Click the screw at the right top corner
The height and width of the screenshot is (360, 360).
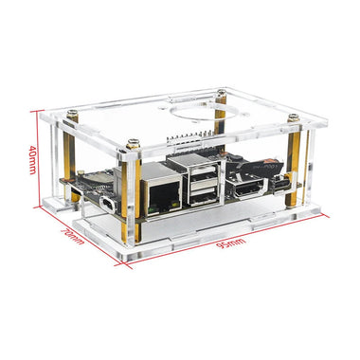[295, 119]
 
